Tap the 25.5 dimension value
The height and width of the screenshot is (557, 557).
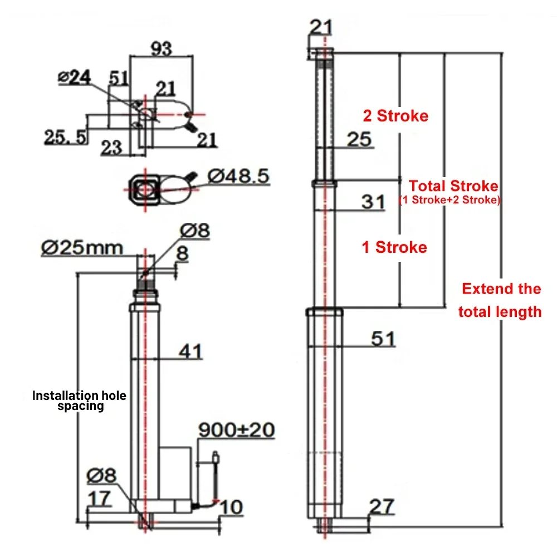click(x=66, y=136)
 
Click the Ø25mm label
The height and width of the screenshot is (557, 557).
click(x=82, y=247)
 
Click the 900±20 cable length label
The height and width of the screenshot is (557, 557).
click(x=237, y=430)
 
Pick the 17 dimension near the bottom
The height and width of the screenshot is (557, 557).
click(x=100, y=498)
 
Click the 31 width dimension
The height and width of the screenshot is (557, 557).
click(x=373, y=201)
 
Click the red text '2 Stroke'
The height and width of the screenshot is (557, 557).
click(x=395, y=116)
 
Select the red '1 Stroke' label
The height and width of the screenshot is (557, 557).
click(x=394, y=247)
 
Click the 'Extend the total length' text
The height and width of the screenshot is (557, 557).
click(x=500, y=300)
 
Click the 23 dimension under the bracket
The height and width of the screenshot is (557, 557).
click(x=112, y=147)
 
